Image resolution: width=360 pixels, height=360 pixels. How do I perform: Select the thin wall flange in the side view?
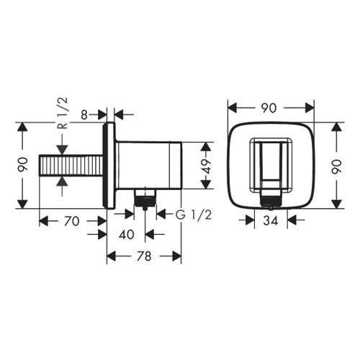pyautogui.click(x=110, y=166)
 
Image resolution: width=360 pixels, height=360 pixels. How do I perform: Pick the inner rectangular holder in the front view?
pyautogui.click(x=271, y=164)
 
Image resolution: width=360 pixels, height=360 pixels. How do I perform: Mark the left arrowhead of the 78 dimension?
pyautogui.click(x=110, y=256)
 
